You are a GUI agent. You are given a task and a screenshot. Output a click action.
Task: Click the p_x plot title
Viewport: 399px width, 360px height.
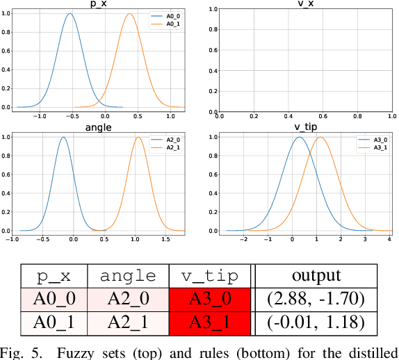coord(99,3)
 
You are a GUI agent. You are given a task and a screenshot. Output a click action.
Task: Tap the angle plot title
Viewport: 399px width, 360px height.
coord(99,126)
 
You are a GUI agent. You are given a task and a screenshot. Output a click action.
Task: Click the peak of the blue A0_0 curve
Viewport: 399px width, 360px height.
coord(69,14)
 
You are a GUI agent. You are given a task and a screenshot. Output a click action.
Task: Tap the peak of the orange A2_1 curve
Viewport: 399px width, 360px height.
coord(138,137)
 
